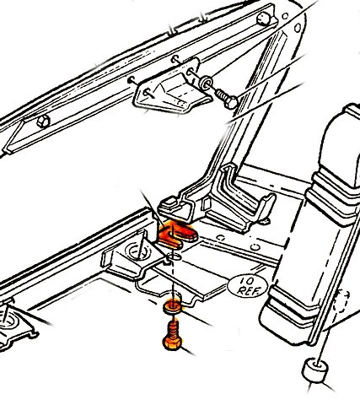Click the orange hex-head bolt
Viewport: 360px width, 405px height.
pyautogui.click(x=172, y=336)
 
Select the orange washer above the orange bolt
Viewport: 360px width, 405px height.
pyautogui.click(x=173, y=306)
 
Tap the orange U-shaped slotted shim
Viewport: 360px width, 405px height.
pyautogui.click(x=178, y=235)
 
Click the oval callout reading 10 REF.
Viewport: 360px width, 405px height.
pyautogui.click(x=248, y=286)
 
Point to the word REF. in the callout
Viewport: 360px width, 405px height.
pyautogui.click(x=248, y=290)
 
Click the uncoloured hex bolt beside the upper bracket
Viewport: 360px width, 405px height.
pyautogui.click(x=226, y=99)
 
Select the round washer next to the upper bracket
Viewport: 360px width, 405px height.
pyautogui.click(x=206, y=82)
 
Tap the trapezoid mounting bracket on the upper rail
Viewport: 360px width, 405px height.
pyautogui.click(x=172, y=88)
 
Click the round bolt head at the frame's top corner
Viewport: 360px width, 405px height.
pyautogui.click(x=264, y=19)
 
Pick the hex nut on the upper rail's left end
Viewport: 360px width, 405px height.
pyautogui.click(x=44, y=121)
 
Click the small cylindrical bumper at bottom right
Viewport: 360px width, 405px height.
pyautogui.click(x=314, y=370)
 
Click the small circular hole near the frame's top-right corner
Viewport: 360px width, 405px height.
pyautogui.click(x=298, y=28)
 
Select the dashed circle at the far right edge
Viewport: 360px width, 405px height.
pyautogui.click(x=342, y=301)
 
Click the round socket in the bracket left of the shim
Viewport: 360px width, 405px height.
pyautogui.click(x=138, y=251)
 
